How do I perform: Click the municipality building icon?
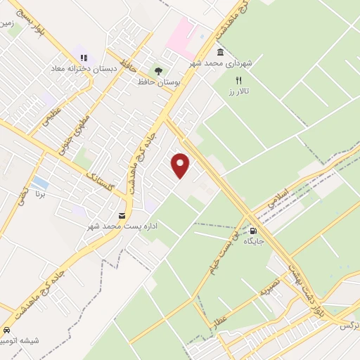pyautogui.click(x=221, y=52)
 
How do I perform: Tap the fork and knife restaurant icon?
pyautogui.click(x=239, y=81)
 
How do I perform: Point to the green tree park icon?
pyautogui.click(x=158, y=70)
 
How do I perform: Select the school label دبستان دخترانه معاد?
pyautogui.click(x=78, y=70)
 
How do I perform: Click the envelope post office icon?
pyautogui.click(x=122, y=214)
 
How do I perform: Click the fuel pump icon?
pyautogui.click(x=253, y=230)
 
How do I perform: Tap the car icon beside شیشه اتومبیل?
pyautogui.click(x=6, y=330)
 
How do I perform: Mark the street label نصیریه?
pyautogui.click(x=270, y=285)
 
